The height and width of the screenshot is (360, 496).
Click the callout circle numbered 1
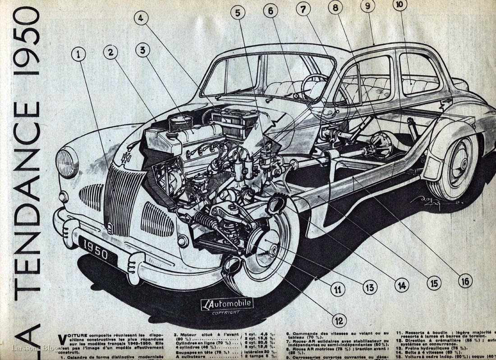(x=78, y=55)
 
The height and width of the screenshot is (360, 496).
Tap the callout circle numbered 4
(x=141, y=18)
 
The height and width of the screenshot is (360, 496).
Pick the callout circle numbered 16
(x=465, y=281)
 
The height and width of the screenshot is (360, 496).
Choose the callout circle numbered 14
(x=401, y=285)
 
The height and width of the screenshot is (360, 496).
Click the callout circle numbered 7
(x=303, y=9)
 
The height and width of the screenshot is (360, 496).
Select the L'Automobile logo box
(x=227, y=304)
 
